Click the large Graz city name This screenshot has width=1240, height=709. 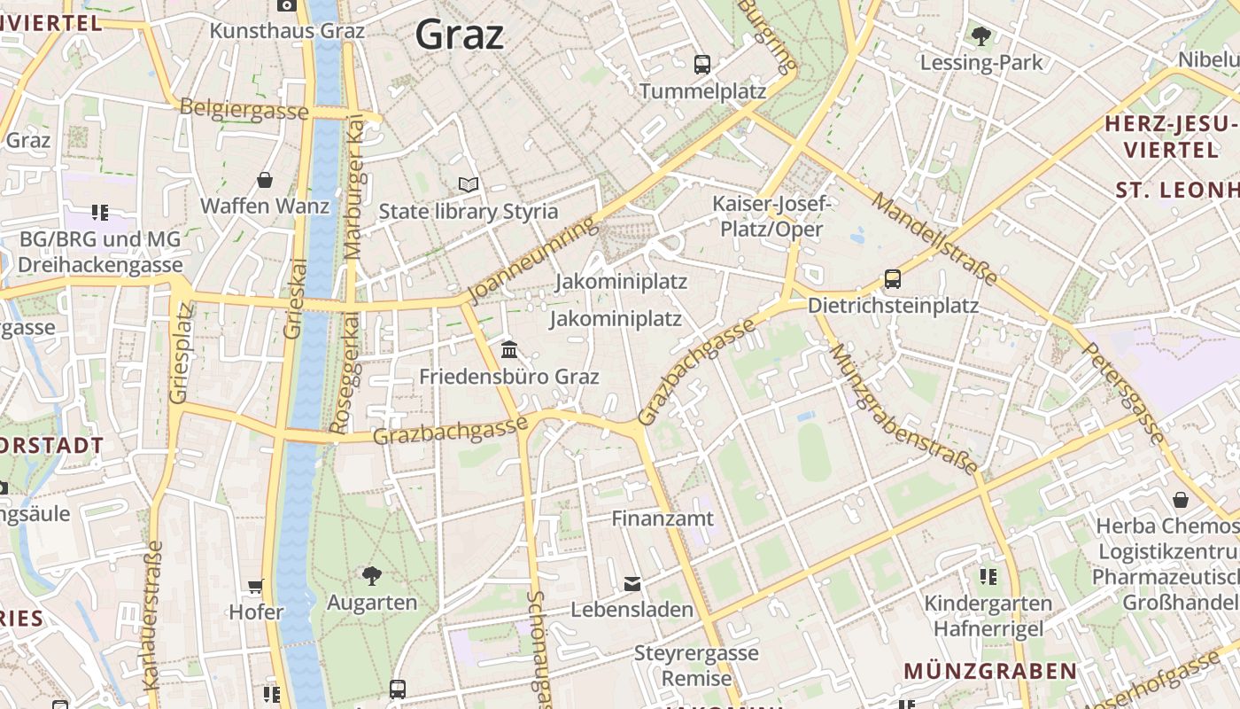460,35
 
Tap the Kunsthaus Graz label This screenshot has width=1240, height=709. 287,30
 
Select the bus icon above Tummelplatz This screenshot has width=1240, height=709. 702,64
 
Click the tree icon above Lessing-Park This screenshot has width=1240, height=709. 980,36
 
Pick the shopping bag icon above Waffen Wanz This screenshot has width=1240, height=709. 264,181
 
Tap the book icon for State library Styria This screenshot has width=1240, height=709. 469,185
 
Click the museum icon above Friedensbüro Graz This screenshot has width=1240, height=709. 508,349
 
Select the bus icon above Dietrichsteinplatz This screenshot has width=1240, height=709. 893,279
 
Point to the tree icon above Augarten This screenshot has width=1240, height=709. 372,576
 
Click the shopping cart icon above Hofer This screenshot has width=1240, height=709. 256,586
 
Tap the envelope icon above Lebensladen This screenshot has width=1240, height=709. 632,583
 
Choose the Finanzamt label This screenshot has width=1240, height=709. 663,518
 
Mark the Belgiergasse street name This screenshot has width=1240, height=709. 244,110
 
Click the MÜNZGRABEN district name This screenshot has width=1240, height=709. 990,671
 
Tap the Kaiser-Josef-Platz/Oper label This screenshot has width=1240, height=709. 771,216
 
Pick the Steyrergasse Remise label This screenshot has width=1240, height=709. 696,666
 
